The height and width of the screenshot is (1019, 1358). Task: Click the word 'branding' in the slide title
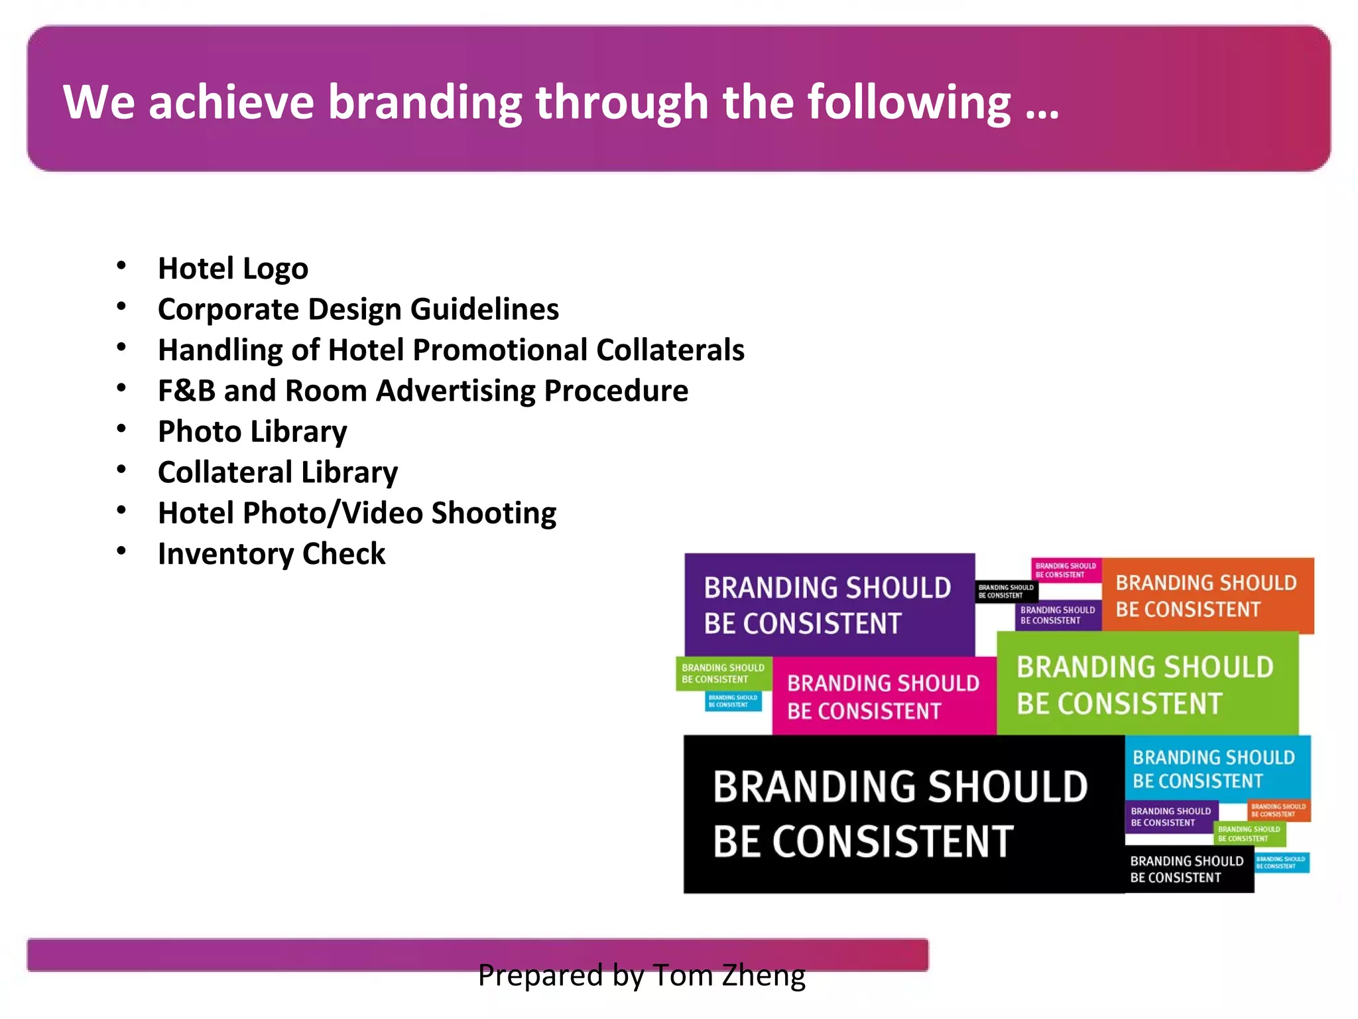[x=425, y=103]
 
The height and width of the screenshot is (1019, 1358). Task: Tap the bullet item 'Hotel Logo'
[x=233, y=269]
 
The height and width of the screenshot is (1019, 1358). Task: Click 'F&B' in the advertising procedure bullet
[x=186, y=391]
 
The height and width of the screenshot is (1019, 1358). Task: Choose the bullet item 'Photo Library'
[x=252, y=432]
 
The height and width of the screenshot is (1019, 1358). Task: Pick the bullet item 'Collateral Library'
[x=278, y=472]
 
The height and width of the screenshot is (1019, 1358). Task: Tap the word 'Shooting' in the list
[x=494, y=513]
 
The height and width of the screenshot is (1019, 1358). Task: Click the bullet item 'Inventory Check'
[x=271, y=554]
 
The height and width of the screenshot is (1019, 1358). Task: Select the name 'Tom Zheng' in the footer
[x=729, y=975]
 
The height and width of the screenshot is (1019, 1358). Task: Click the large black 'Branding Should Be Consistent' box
[x=902, y=814]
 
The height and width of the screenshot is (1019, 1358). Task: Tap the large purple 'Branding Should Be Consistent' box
[x=829, y=605]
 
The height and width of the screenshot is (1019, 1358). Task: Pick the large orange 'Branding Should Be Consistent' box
[x=1207, y=596]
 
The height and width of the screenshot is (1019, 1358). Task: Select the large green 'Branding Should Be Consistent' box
[x=1147, y=684]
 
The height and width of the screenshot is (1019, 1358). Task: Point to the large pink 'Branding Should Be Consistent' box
[x=884, y=697]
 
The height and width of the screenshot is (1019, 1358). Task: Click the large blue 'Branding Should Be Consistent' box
[x=1217, y=768]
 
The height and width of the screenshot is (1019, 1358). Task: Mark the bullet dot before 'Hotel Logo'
[x=121, y=266]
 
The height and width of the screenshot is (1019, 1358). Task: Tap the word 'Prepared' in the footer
[x=541, y=975]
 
